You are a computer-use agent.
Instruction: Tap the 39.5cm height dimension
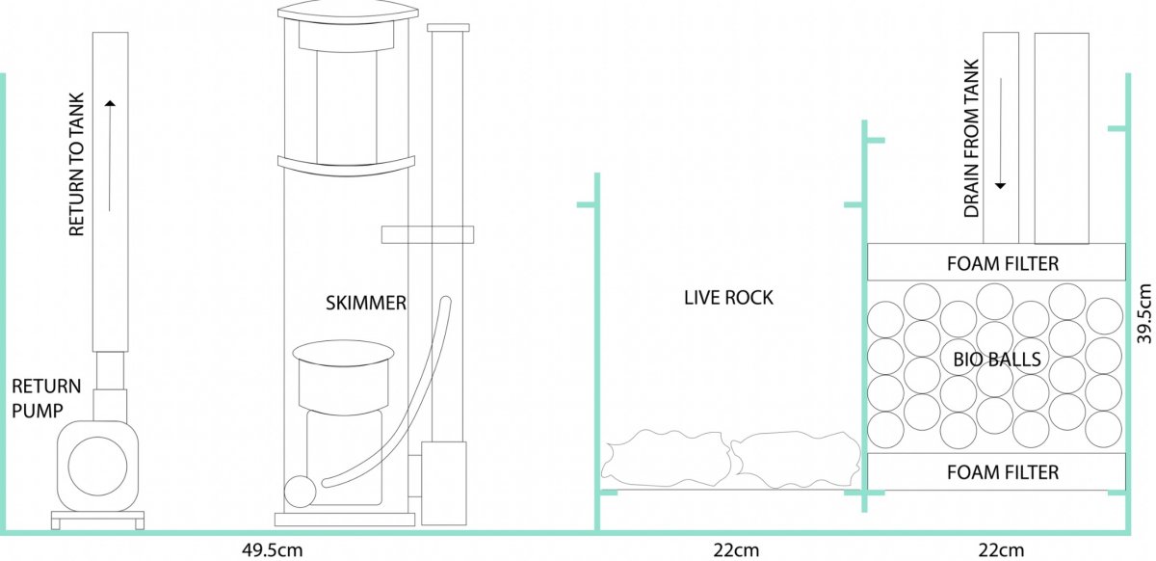coord(1144,313)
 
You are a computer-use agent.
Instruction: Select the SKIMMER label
coord(366,303)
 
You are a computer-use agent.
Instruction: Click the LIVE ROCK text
coord(728,298)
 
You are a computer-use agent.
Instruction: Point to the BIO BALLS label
coord(997,359)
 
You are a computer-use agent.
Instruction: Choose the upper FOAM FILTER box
coord(996,262)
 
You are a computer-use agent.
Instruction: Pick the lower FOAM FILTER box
coord(996,471)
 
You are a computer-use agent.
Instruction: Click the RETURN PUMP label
coord(46,398)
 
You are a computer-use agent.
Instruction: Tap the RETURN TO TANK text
coord(76,165)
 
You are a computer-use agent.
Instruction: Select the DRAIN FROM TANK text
coord(972,139)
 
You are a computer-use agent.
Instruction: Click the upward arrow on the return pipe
coord(110,155)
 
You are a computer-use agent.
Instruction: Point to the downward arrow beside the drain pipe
coord(1001,133)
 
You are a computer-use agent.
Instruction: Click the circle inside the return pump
coord(97,466)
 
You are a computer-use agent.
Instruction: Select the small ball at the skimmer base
coord(300,492)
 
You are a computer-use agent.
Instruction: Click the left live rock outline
coord(667,458)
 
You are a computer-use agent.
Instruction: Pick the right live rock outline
coord(797,459)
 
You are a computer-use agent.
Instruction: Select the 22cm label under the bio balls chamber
coord(1001,550)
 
